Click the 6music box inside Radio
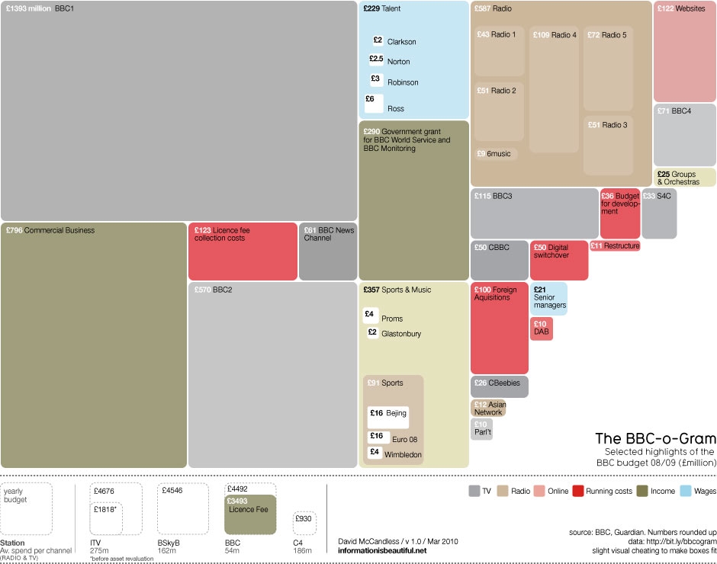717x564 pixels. click(497, 154)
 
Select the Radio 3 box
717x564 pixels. click(608, 145)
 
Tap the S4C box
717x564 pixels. click(659, 213)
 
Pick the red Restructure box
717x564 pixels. click(615, 246)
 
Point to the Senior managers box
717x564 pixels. click(549, 299)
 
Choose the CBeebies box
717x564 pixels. click(499, 386)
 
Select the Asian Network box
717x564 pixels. click(488, 409)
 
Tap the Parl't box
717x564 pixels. click(481, 429)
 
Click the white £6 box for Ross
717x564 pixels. click(374, 103)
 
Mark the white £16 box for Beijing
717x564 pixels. click(387, 417)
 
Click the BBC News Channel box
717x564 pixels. click(328, 252)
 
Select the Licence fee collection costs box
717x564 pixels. click(243, 252)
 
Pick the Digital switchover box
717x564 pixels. click(559, 261)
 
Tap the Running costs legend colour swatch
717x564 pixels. click(578, 491)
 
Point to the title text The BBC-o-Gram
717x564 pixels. click(655, 438)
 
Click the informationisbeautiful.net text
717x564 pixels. click(382, 550)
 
